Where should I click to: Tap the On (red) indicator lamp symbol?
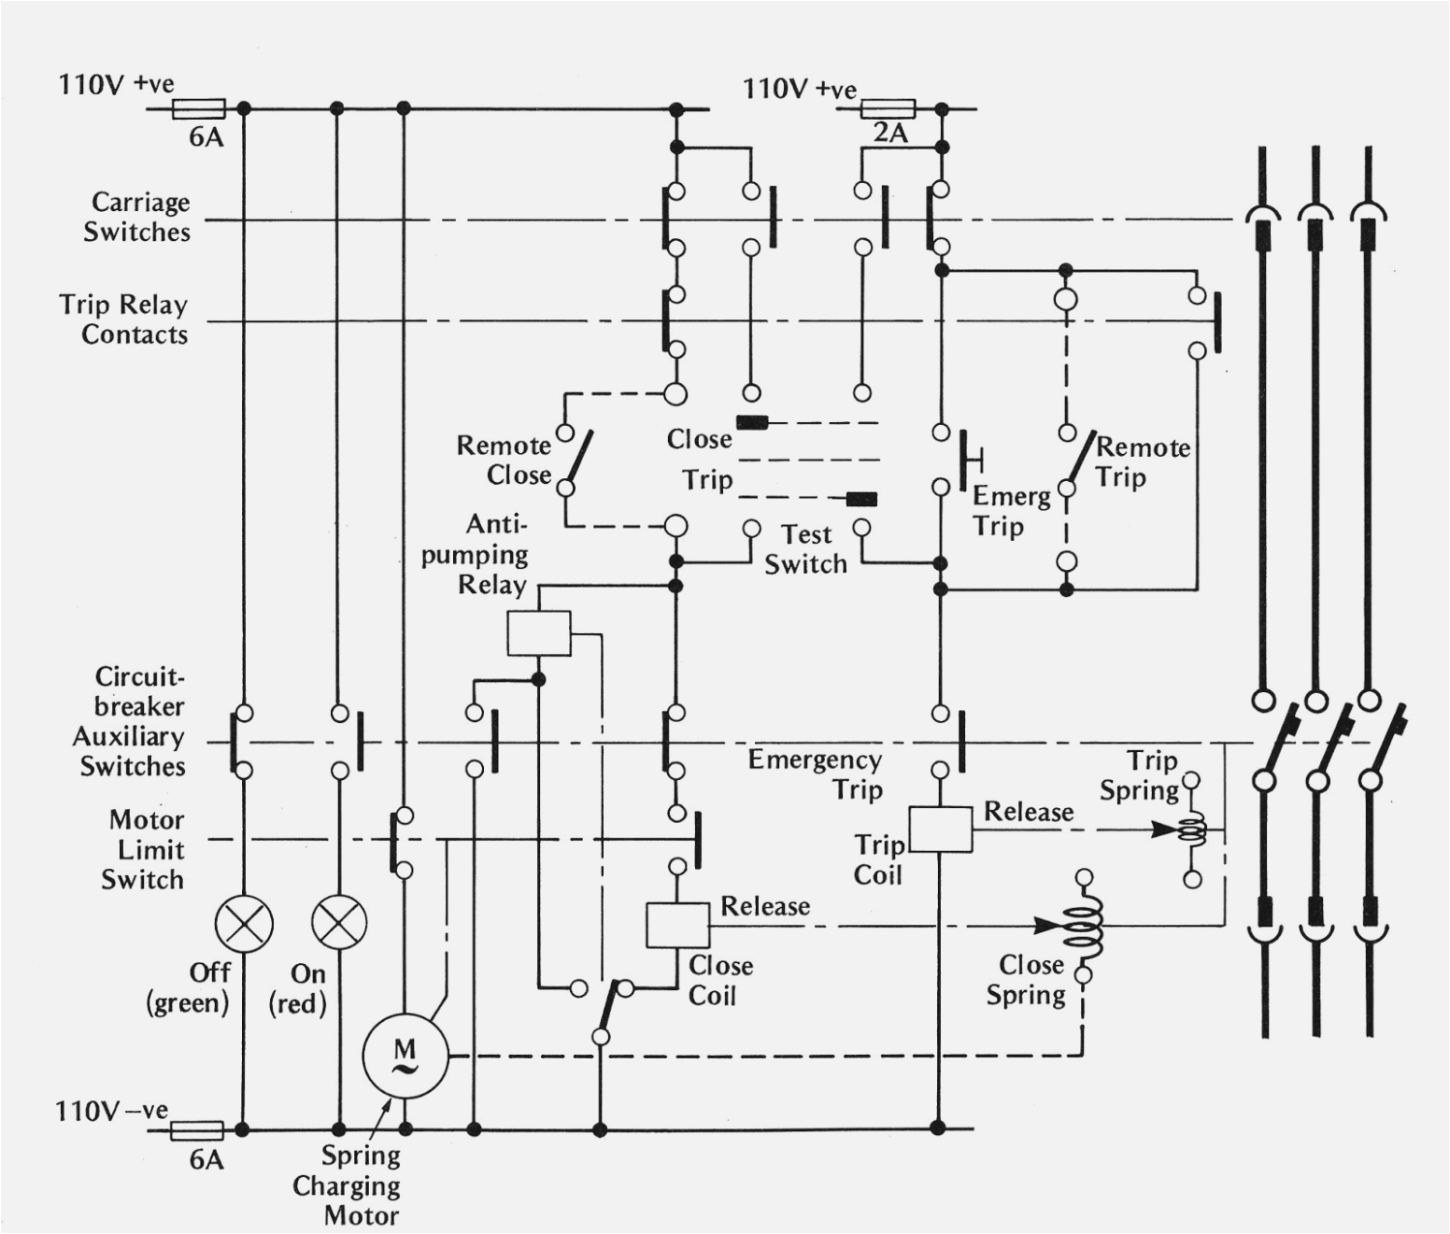[x=339, y=922]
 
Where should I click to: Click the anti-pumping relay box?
[x=539, y=633]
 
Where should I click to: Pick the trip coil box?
[x=940, y=829]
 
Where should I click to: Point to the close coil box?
[x=677, y=926]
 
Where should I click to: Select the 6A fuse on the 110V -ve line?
[x=198, y=1130]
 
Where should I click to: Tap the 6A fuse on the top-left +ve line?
[x=199, y=109]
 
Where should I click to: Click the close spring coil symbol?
[x=1089, y=926]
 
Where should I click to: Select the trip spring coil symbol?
[x=1191, y=829]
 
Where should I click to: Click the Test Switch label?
[x=805, y=549]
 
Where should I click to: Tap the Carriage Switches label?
[x=137, y=217]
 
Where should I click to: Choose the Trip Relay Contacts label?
[x=124, y=319]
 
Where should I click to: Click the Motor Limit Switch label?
[x=144, y=849]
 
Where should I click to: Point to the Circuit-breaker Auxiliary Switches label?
[x=131, y=721]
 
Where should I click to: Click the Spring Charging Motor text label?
[x=348, y=1185]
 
